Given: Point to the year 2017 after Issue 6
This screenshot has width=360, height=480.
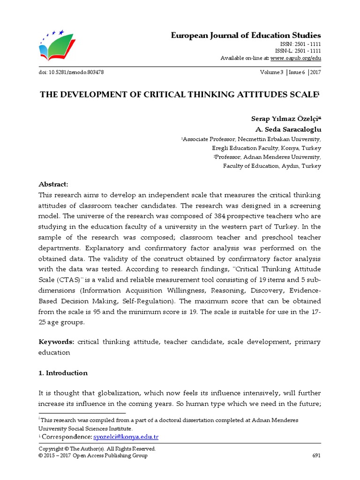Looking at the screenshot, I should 315,72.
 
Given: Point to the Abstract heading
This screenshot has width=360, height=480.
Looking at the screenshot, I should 53,184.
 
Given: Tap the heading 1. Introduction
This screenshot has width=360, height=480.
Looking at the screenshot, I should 63,373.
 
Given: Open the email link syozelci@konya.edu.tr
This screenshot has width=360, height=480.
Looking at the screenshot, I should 126,437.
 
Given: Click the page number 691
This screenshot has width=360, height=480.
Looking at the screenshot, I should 316,456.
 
